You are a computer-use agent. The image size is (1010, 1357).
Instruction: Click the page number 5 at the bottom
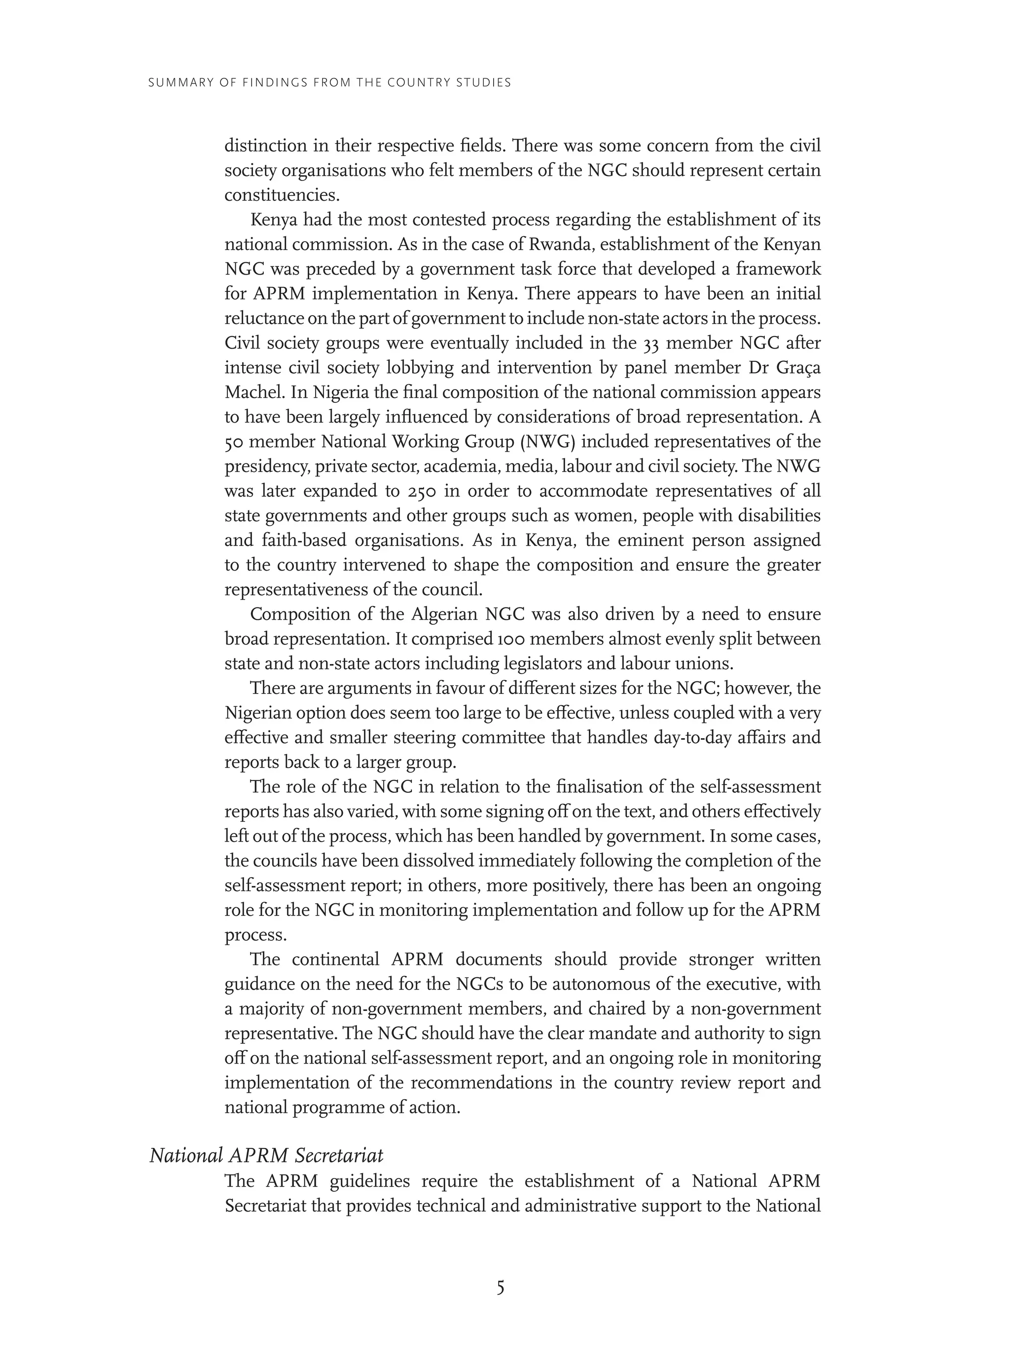[x=500, y=1288]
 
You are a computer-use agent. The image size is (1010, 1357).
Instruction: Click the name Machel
[x=252, y=392]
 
